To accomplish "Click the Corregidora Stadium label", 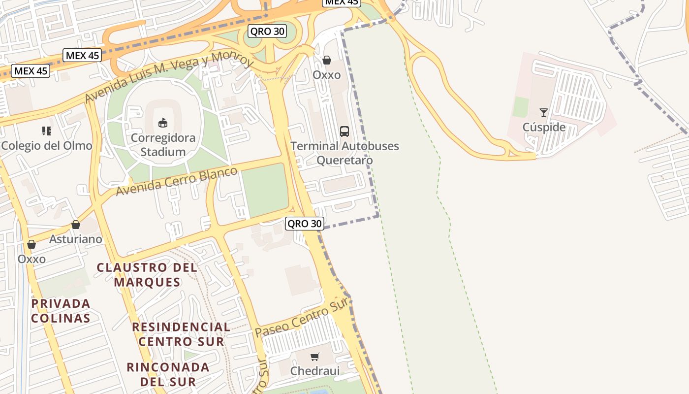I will pyautogui.click(x=163, y=145).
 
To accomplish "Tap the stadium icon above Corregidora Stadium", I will pyautogui.click(x=163, y=123).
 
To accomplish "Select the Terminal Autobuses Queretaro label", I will pyautogui.click(x=344, y=153).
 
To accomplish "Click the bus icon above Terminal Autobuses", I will pyautogui.click(x=344, y=131).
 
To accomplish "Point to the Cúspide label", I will pyautogui.click(x=544, y=127).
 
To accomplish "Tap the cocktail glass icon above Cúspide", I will pyautogui.click(x=544, y=113).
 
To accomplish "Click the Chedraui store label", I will pyautogui.click(x=315, y=370).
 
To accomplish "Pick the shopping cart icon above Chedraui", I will pyautogui.click(x=315, y=357).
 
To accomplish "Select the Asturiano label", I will pyautogui.click(x=76, y=239).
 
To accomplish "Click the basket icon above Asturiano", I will pyautogui.click(x=76, y=225).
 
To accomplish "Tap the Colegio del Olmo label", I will pyautogui.click(x=47, y=146).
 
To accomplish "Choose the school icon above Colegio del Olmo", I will pyautogui.click(x=47, y=131).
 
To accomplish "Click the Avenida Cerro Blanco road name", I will pyautogui.click(x=177, y=181).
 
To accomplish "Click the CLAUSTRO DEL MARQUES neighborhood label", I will pyautogui.click(x=147, y=275).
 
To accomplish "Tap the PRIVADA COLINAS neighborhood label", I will pyautogui.click(x=61, y=311).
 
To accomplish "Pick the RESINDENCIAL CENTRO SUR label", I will pyautogui.click(x=181, y=334).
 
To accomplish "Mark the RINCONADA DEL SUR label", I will pyautogui.click(x=168, y=374).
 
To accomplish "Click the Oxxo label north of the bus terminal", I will pyautogui.click(x=327, y=75).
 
